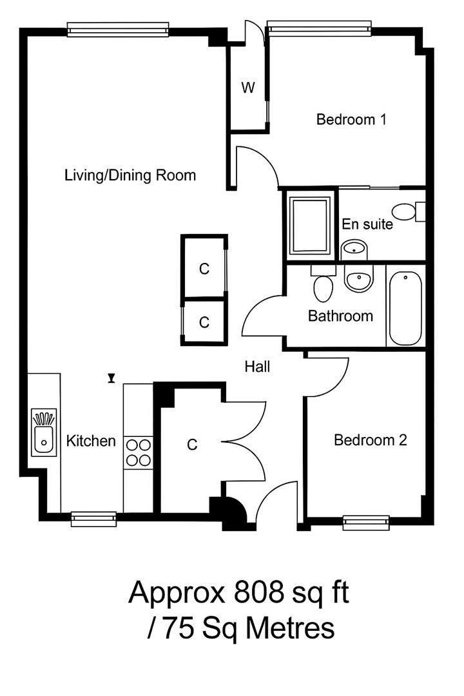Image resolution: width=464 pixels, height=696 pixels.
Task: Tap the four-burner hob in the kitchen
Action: tap(138, 452)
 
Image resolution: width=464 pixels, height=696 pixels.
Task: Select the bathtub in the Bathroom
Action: tap(405, 307)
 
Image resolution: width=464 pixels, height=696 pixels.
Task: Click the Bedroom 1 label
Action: tap(351, 119)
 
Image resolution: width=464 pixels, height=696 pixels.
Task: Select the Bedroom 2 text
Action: tap(370, 440)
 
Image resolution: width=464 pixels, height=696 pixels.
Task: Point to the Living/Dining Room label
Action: tap(130, 175)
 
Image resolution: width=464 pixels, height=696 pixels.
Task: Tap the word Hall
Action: tap(257, 367)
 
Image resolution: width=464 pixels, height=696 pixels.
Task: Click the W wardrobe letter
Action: tap(248, 88)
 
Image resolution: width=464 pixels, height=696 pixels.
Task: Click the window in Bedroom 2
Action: tap(365, 522)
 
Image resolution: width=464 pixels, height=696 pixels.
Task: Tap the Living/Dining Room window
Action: tap(118, 30)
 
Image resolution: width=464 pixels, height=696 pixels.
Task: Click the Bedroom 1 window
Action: tap(319, 27)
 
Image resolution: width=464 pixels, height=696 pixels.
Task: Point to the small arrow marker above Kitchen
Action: tap(111, 378)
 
